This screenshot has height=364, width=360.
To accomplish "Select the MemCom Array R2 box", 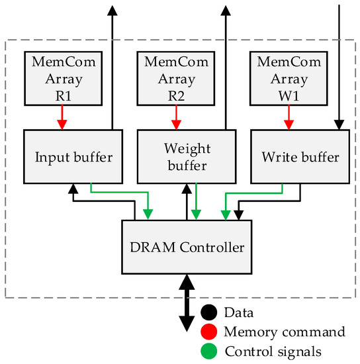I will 175,77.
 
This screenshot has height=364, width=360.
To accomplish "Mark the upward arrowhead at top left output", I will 112,9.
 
